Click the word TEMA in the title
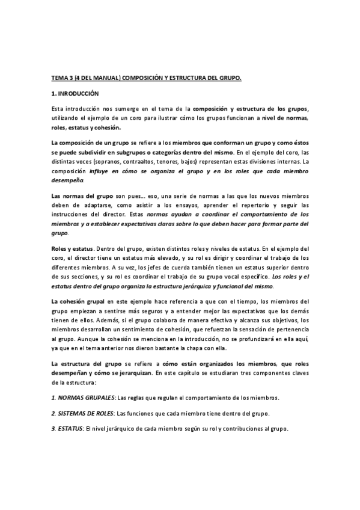point(59,78)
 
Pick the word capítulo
point(194,373)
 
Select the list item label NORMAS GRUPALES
point(85,398)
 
